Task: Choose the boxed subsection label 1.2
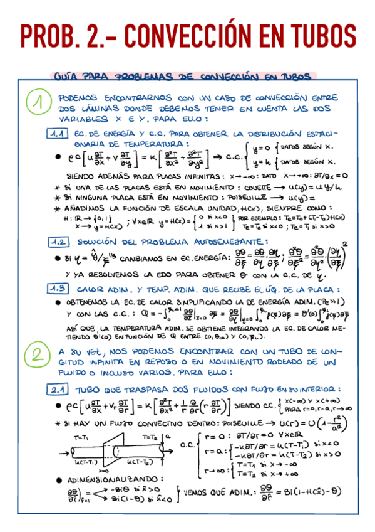coord(59,242)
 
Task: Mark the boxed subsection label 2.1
coord(59,390)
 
